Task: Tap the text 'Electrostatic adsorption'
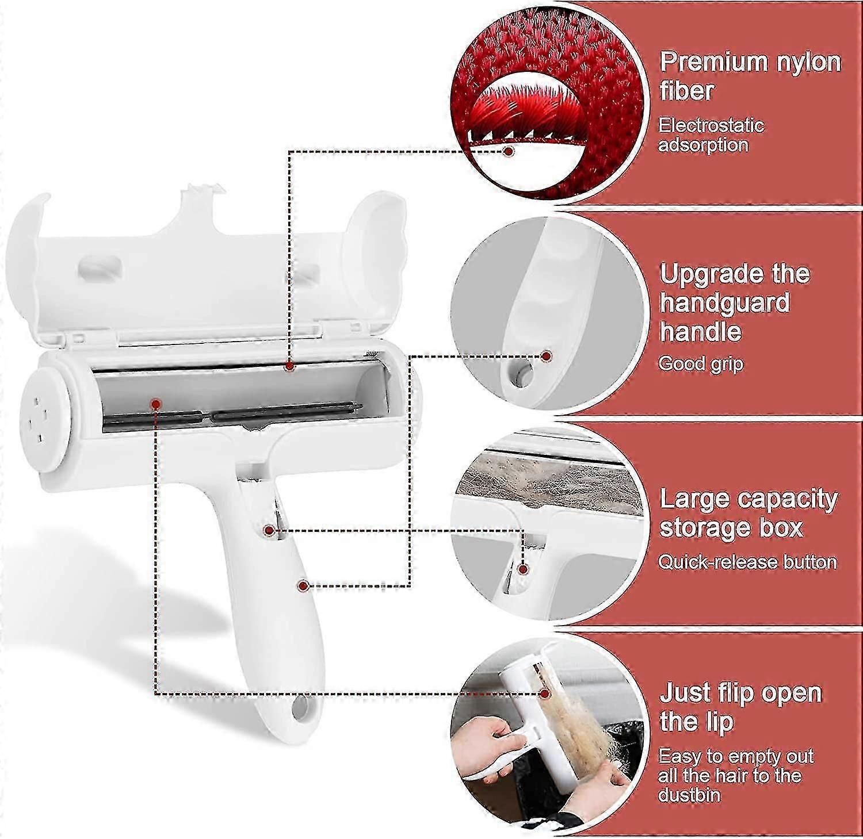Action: [711, 135]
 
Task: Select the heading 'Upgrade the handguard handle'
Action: [735, 302]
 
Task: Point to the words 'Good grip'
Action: [701, 363]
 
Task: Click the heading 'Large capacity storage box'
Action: [748, 513]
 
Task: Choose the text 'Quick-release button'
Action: [747, 561]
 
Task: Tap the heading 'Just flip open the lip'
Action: [740, 707]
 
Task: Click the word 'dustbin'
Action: [689, 795]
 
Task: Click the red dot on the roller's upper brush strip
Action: [289, 366]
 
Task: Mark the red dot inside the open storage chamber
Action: [155, 404]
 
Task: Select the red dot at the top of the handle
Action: [268, 530]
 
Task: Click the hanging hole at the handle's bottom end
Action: [299, 708]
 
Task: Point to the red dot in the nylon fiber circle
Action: [508, 151]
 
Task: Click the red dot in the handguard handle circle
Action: [547, 357]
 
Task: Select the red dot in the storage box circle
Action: [523, 569]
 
